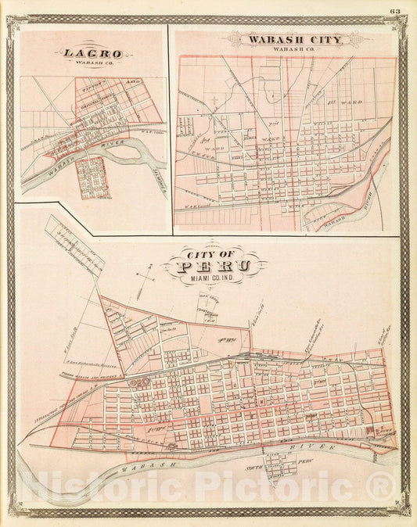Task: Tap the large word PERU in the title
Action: (x=214, y=267)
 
